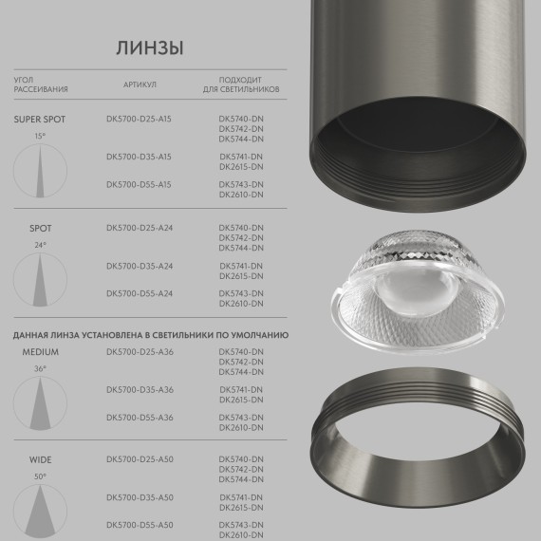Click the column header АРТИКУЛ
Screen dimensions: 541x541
[140, 84]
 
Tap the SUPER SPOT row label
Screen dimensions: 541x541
[40, 120]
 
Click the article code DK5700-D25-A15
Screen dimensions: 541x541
[140, 120]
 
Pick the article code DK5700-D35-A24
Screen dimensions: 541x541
[140, 266]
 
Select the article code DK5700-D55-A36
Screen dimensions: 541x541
[140, 418]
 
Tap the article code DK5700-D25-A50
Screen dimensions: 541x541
[140, 459]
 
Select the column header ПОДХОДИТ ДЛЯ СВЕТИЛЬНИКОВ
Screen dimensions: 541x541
[241, 84]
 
